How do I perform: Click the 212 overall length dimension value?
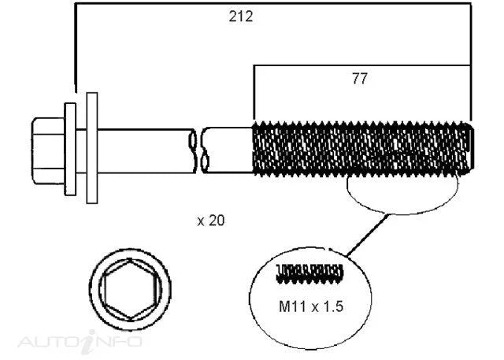tap(241, 17)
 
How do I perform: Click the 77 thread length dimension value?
tap(359, 79)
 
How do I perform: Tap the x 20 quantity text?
tap(211, 221)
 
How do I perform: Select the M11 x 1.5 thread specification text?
tap(311, 306)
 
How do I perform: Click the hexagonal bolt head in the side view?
tap(48, 150)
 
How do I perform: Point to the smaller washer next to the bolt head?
tap(70, 149)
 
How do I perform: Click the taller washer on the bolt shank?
tap(92, 148)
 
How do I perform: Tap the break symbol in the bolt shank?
tap(198, 150)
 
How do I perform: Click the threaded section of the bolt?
tap(361, 149)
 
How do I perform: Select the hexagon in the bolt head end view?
tap(130, 289)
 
